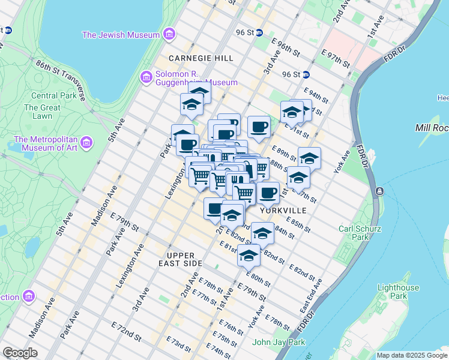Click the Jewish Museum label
(121, 35)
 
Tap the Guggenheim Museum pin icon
(145, 77)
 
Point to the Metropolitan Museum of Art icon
(87, 143)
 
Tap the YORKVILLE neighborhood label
(283, 211)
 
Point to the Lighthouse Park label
(397, 292)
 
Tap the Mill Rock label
(431, 128)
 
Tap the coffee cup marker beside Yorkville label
(268, 193)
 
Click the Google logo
(20, 353)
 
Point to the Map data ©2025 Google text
(411, 355)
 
